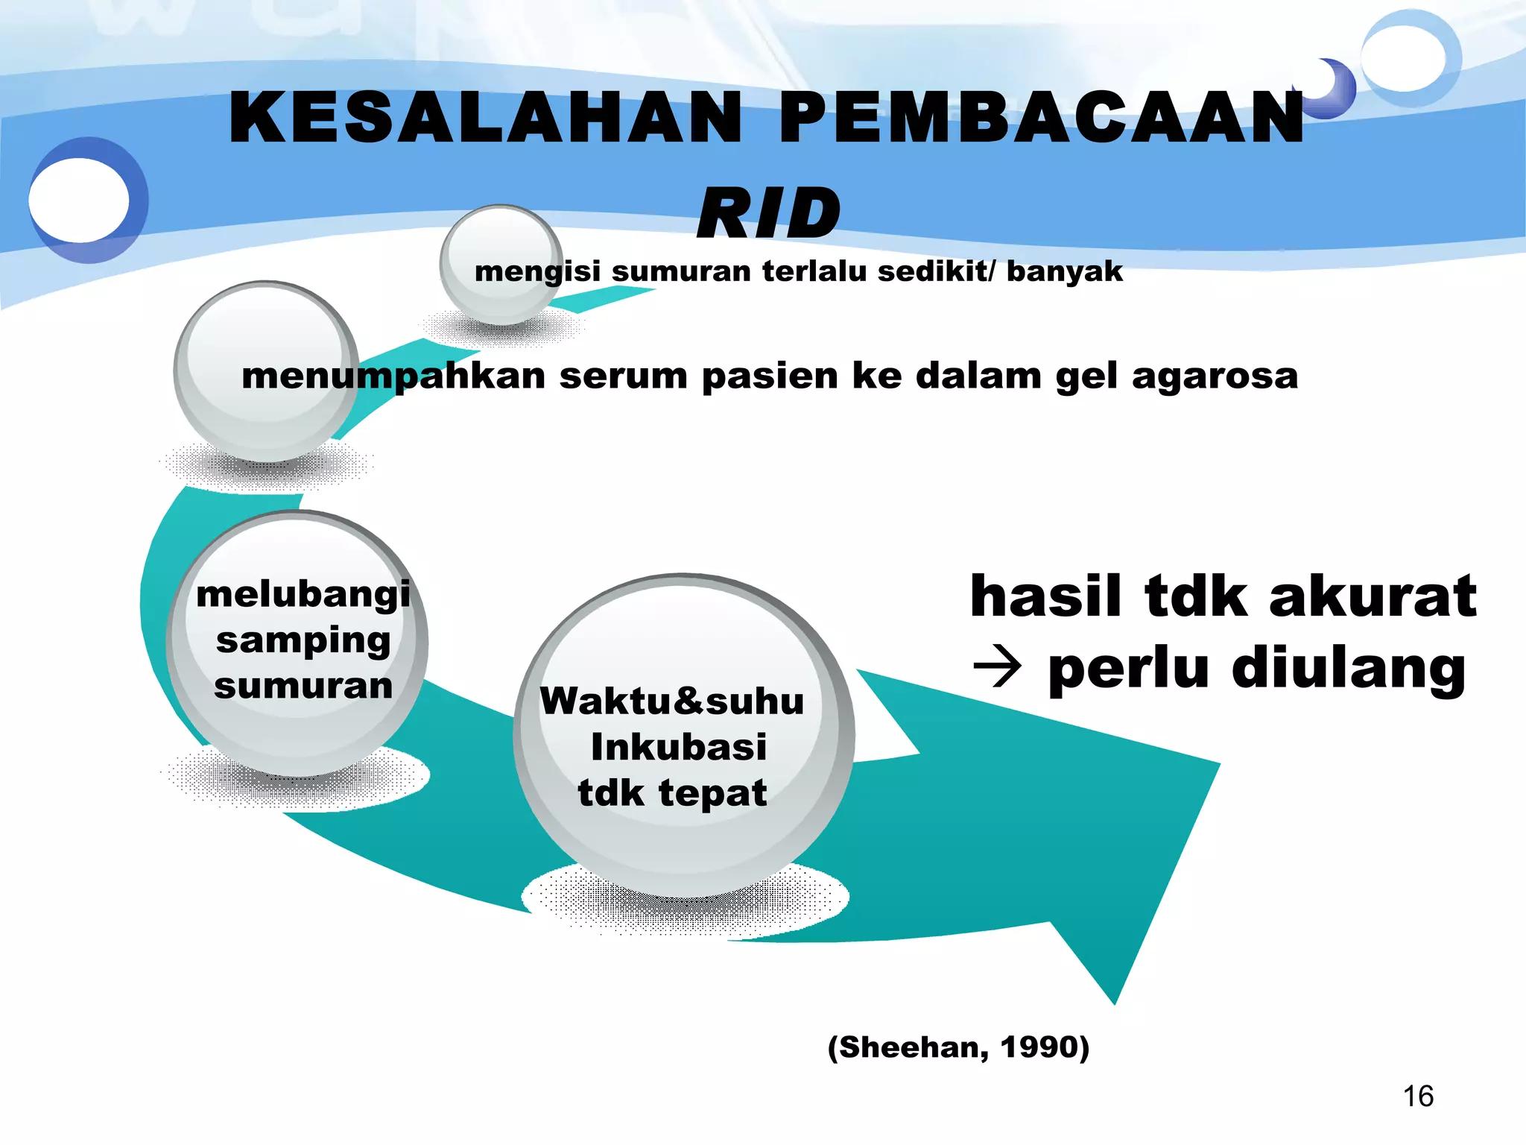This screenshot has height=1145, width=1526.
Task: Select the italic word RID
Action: (769, 214)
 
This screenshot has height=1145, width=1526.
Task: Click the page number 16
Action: (1418, 1097)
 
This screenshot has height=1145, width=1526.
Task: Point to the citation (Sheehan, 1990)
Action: (958, 1047)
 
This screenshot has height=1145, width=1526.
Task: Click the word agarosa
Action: (1215, 375)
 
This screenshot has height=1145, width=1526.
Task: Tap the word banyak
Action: (1064, 271)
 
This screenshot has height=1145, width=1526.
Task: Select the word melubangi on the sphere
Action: (303, 595)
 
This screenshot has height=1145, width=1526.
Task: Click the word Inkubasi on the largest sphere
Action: (679, 747)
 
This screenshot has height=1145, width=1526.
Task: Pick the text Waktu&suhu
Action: (672, 701)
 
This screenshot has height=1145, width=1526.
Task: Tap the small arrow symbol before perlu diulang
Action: (997, 667)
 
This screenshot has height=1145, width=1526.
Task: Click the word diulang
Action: (1349, 669)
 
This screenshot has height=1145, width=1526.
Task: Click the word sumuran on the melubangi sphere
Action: (303, 686)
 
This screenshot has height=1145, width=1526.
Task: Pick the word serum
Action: (624, 375)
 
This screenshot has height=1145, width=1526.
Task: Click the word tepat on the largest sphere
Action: (713, 792)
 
